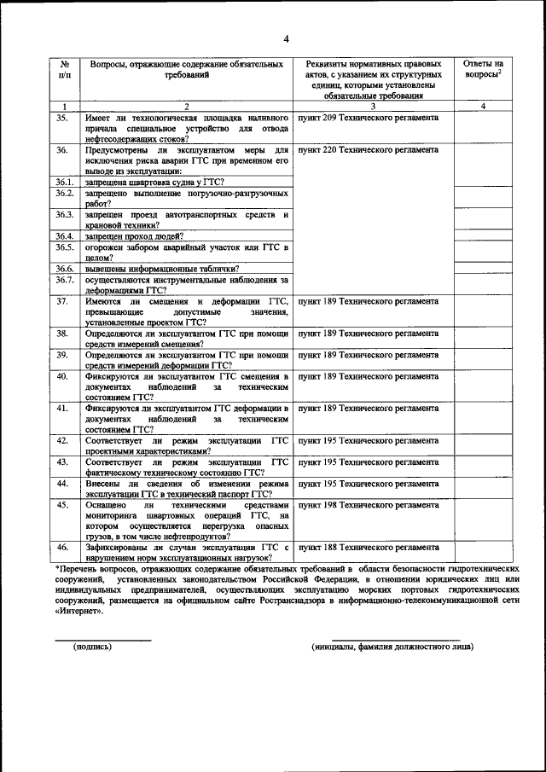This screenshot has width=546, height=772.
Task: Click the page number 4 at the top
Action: [287, 38]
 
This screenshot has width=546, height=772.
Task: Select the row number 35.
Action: [62, 117]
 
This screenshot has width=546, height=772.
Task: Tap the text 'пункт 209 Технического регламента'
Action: [369, 117]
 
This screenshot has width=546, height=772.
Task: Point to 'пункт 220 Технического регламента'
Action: [369, 149]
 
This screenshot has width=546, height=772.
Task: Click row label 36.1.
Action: [64, 183]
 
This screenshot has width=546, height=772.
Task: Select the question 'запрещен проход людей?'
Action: [130, 235]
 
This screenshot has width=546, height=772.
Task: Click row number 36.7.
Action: [64, 280]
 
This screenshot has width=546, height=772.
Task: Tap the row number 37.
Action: [62, 301]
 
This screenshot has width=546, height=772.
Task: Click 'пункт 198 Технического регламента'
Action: [369, 505]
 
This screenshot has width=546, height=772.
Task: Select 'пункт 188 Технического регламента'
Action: [369, 547]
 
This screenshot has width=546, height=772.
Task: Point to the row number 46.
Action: [62, 547]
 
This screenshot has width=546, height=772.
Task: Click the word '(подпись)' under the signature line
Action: [93, 647]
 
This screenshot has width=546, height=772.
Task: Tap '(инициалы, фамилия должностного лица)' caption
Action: [393, 647]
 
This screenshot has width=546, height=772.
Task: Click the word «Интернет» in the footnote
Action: [81, 611]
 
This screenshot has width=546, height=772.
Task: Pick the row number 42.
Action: [62, 440]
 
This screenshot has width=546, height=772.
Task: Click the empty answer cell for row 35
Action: [483, 127]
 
